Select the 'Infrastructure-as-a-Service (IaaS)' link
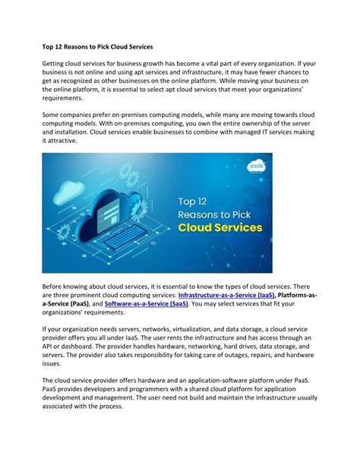226,294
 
